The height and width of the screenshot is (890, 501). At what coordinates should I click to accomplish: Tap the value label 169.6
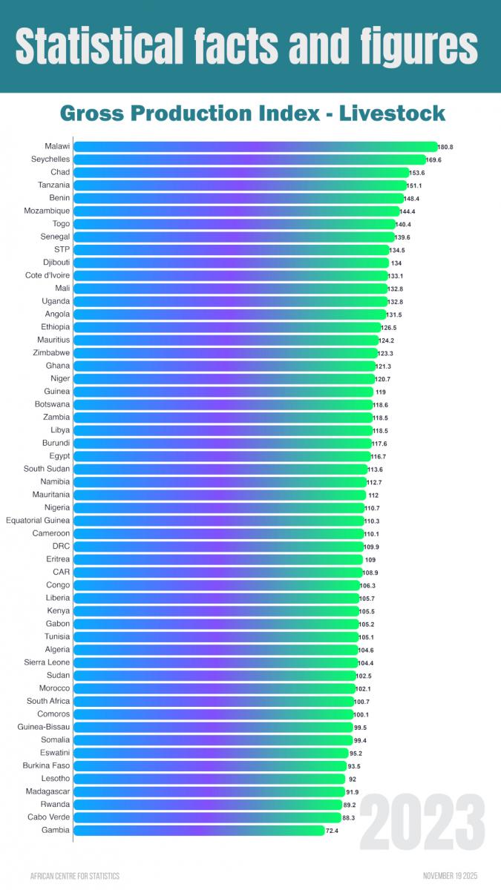click(x=434, y=159)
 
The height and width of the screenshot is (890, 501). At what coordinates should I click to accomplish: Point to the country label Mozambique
click(x=47, y=211)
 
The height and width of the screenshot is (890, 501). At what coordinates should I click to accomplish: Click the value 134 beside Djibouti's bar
click(x=396, y=263)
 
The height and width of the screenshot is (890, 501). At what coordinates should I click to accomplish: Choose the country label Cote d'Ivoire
click(x=48, y=276)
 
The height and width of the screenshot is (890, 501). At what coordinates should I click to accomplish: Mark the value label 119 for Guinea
click(x=381, y=392)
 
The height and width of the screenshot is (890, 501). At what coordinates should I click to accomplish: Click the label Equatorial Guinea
click(x=38, y=521)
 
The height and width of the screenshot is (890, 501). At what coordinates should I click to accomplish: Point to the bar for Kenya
click(x=216, y=611)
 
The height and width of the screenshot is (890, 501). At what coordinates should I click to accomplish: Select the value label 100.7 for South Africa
click(x=362, y=701)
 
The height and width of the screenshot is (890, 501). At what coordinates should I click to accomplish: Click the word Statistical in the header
click(x=104, y=46)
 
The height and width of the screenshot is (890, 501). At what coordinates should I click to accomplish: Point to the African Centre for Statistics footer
click(x=74, y=876)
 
